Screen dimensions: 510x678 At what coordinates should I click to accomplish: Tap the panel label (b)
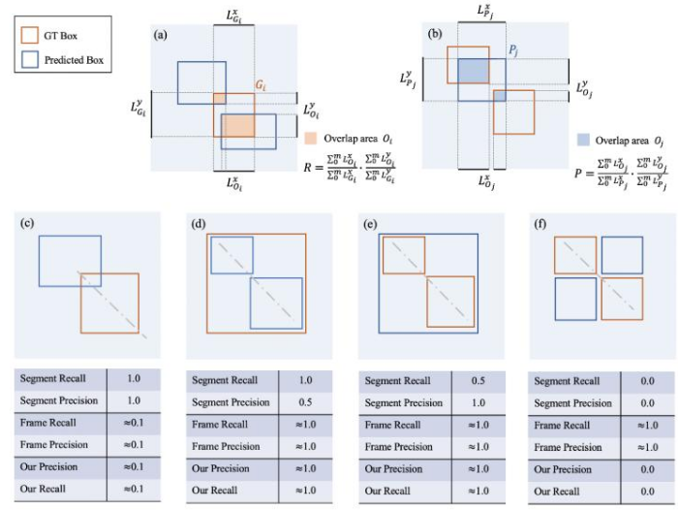coord(435,33)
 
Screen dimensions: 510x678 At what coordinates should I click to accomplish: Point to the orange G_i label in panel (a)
coord(261,85)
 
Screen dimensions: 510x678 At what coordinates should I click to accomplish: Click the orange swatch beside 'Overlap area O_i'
coord(311,138)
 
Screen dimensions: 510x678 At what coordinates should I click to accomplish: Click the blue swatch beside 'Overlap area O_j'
coord(583,139)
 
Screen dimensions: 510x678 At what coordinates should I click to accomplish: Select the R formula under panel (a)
coord(350,167)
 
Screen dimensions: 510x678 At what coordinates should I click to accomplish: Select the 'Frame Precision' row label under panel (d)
coord(229,446)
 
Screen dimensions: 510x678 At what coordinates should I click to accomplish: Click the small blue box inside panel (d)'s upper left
coord(231,255)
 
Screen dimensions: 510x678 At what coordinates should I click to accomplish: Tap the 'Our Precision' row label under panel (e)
coord(392,467)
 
